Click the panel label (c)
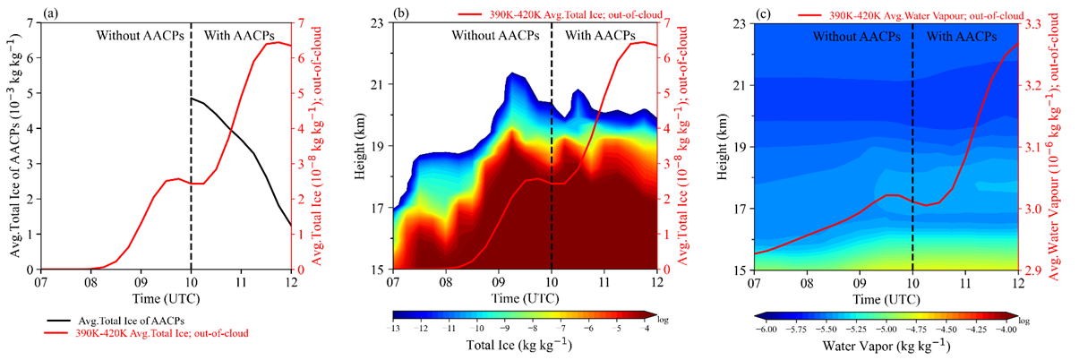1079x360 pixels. [x=763, y=13]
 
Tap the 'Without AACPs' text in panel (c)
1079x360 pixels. [x=855, y=37]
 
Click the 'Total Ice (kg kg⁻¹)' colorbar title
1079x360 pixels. [x=524, y=345]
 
